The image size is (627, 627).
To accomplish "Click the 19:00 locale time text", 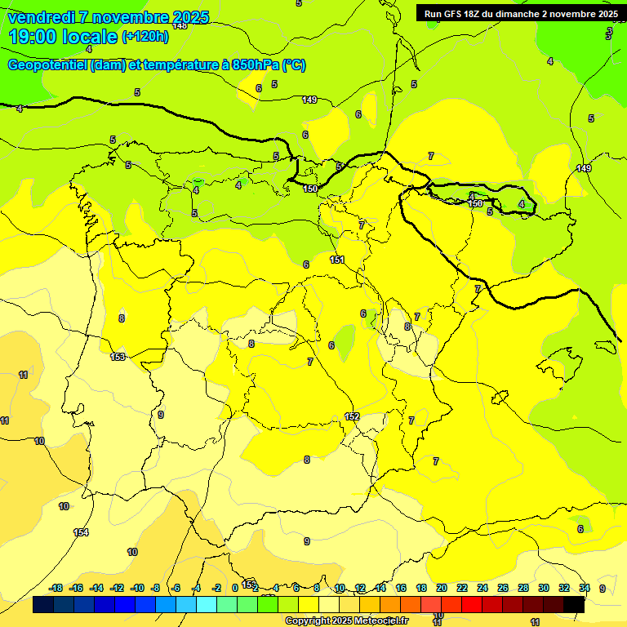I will tap(63, 37).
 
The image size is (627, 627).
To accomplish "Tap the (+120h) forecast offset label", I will tap(145, 37).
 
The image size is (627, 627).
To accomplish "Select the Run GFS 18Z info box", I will tap(521, 14).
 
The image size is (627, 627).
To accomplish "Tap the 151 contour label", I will tap(337, 260).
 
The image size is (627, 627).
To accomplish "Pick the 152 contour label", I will tap(352, 416).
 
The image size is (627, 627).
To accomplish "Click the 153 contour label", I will tap(118, 357).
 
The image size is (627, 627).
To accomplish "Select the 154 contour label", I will tap(81, 532).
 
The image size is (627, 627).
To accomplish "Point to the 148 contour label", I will tap(180, 26).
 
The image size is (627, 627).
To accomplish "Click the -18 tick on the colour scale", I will tap(56, 588).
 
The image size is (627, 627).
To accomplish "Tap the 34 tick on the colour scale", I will tap(585, 588).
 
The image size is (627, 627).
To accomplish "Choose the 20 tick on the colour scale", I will tap(442, 588).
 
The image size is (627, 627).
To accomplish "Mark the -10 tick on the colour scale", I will tap(137, 588).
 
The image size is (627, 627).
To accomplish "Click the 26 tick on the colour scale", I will tap(503, 588).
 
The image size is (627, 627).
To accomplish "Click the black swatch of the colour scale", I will tap(574, 604).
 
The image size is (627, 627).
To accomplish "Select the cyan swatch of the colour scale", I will tap(207, 604).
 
